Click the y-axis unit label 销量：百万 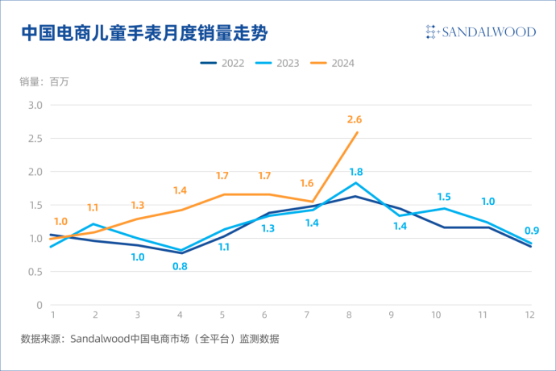coord(44,81)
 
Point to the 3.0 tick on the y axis coord(35,105)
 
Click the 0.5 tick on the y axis coord(35,272)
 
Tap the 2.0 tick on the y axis coord(35,172)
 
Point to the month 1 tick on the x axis coord(52,315)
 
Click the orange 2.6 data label coord(355,119)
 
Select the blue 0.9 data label coord(532,231)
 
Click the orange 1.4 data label coord(180,190)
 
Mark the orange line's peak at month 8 coord(357,132)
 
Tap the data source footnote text coord(150,339)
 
